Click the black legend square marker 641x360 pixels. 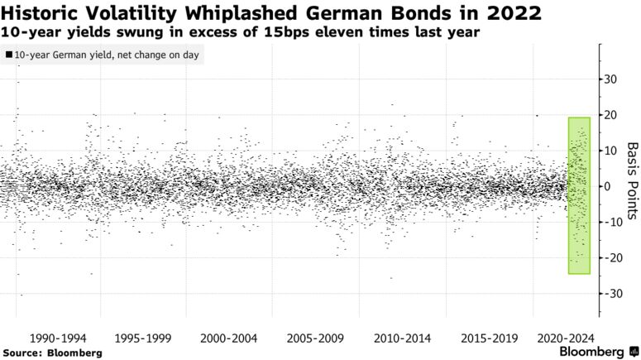[8, 55]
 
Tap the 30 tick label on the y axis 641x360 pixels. [613, 79]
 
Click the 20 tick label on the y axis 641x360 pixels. [613, 115]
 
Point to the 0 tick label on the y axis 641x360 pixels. [610, 186]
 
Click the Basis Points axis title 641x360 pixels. [631, 175]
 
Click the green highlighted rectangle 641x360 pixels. [579, 195]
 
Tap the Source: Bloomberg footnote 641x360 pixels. [53, 353]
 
